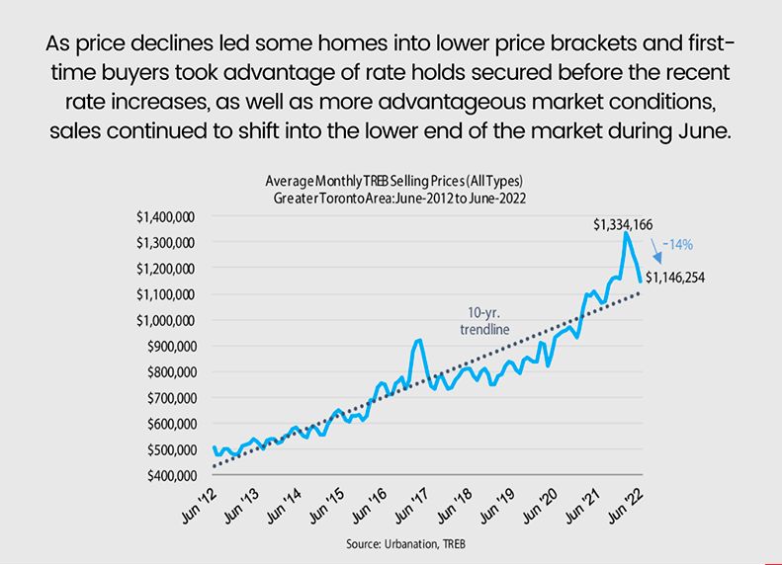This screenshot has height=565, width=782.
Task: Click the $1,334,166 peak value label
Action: click(x=623, y=224)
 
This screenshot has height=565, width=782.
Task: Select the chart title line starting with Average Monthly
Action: click(x=393, y=182)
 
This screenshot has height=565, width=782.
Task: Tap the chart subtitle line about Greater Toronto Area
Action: click(x=393, y=199)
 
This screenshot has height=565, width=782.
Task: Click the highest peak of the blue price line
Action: click(x=626, y=234)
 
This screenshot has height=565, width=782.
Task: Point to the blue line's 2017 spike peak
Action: click(x=419, y=340)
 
